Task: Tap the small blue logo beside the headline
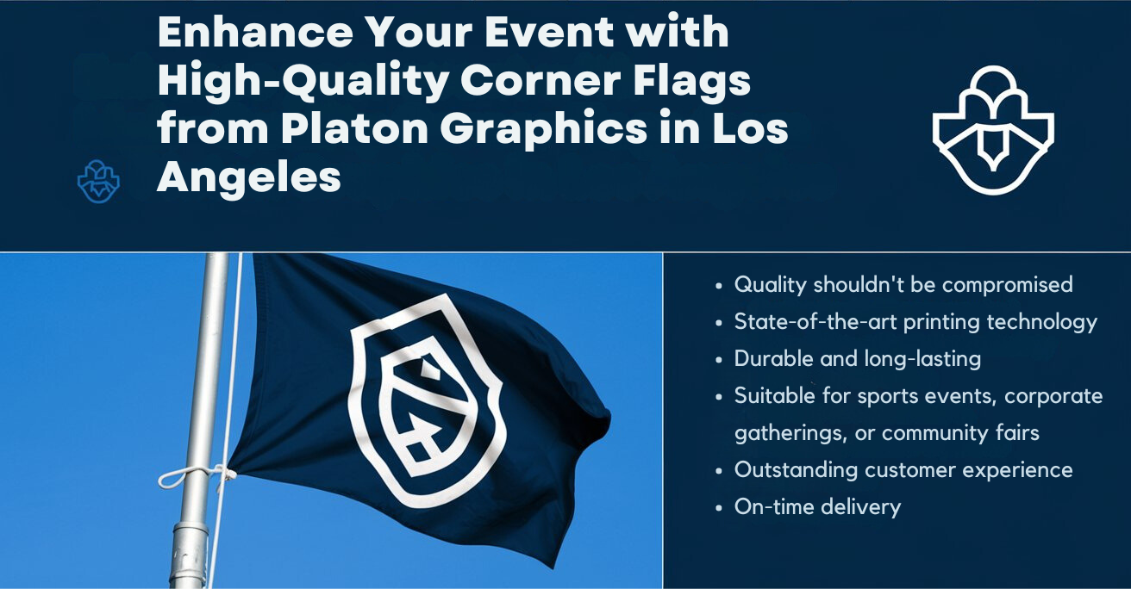[x=98, y=181]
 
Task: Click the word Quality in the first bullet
[x=770, y=284]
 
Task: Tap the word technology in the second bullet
[x=1041, y=322]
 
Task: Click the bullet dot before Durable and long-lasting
[x=720, y=360]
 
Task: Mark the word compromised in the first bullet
[x=1007, y=284]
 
